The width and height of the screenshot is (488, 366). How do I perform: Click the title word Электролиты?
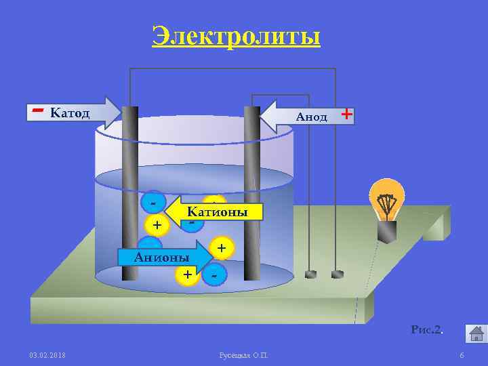[236, 36]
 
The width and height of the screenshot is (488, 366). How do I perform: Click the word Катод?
[70, 113]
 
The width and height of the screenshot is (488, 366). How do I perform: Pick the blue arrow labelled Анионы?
[163, 257]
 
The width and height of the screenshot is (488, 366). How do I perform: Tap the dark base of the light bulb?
[387, 232]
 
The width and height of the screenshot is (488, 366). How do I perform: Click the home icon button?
[475, 333]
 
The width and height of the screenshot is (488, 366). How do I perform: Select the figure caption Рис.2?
[427, 330]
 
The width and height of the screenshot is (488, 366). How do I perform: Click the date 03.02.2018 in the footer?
[47, 356]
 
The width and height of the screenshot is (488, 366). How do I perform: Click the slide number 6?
[462, 356]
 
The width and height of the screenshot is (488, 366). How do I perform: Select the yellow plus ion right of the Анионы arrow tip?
[221, 248]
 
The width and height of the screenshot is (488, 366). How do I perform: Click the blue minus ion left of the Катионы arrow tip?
[155, 202]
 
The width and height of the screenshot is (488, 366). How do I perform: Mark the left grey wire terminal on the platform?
[310, 274]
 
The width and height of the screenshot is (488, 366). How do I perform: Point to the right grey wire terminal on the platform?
[337, 274]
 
